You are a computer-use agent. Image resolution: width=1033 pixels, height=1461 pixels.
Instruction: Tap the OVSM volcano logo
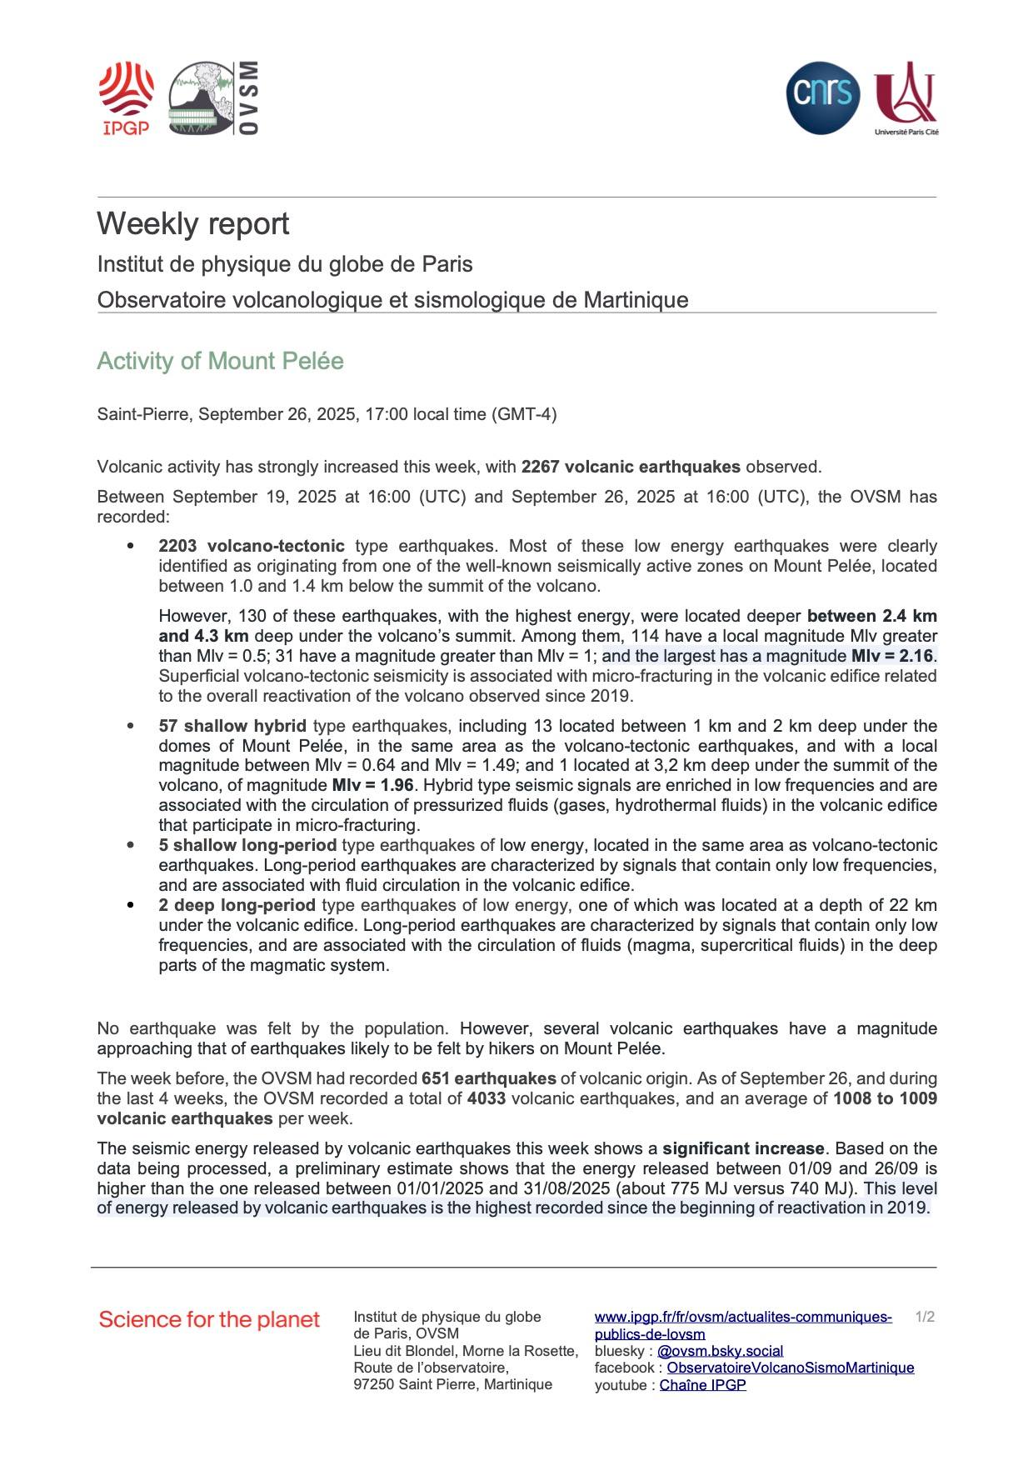click(213, 98)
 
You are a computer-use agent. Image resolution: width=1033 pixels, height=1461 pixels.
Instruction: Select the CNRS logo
click(822, 98)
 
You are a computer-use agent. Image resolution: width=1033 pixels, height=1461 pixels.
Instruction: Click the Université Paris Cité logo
click(906, 98)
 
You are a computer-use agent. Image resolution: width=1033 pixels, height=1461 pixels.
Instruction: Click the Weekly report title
click(193, 224)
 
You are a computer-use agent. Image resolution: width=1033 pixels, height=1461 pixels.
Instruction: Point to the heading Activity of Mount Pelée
click(220, 361)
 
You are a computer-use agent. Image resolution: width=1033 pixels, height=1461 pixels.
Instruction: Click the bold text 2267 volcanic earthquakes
click(631, 467)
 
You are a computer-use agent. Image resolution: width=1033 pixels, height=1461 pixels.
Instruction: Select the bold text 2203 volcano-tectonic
click(252, 546)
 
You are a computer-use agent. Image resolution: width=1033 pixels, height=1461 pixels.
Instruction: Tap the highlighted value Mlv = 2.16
click(892, 656)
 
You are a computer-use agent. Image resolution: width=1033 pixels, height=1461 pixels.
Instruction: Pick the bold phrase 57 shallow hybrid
click(232, 726)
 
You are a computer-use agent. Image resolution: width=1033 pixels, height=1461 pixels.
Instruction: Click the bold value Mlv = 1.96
click(372, 785)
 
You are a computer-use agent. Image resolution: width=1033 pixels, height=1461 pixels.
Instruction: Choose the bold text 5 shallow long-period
click(247, 845)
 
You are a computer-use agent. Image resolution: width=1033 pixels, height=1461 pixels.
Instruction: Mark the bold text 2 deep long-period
click(237, 905)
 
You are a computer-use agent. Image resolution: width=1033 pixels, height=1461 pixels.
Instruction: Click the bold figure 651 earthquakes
click(489, 1078)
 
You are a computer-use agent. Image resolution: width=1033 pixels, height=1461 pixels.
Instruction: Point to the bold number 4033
click(487, 1098)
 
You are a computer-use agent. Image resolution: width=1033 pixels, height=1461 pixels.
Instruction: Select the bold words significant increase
click(743, 1148)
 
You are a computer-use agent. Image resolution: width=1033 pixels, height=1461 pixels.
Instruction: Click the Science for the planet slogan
click(209, 1319)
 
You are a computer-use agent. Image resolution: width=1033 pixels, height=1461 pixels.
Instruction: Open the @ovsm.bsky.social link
click(720, 1351)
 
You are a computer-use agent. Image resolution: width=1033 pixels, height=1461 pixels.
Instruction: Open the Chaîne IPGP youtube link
click(702, 1385)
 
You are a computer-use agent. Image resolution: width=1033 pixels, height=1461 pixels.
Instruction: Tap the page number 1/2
click(925, 1317)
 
